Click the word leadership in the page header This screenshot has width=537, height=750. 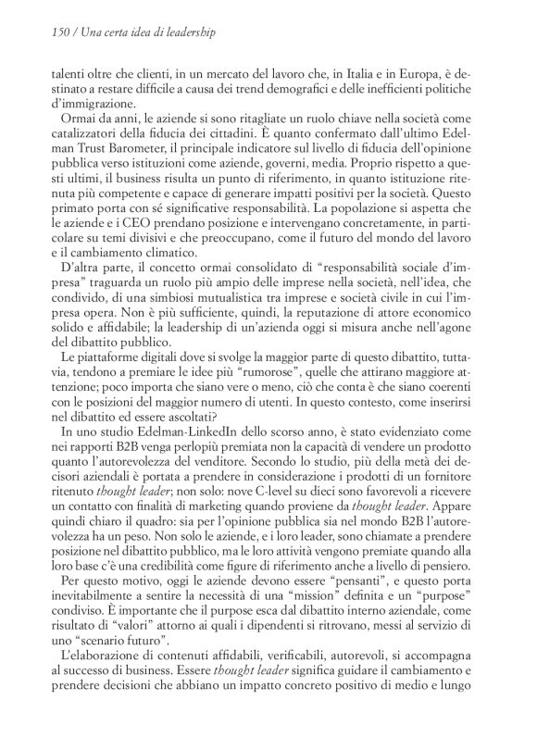coord(191,33)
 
